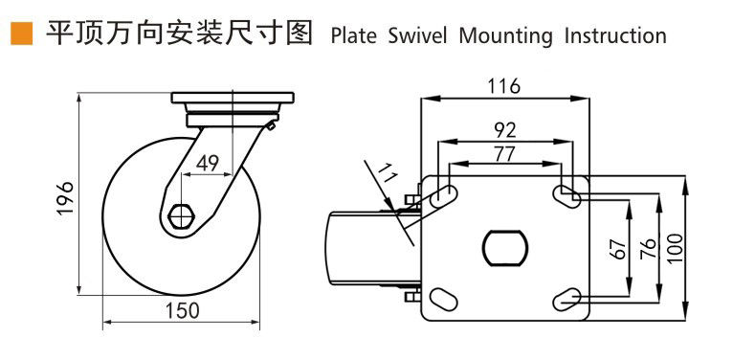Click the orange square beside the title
tap(21, 34)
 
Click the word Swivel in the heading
tap(418, 35)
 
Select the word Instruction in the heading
tap(615, 35)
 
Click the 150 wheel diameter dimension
tap(182, 311)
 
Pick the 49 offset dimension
tap(207, 164)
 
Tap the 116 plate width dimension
tap(504, 86)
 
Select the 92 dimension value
tap(505, 129)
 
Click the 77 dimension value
tap(504, 155)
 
